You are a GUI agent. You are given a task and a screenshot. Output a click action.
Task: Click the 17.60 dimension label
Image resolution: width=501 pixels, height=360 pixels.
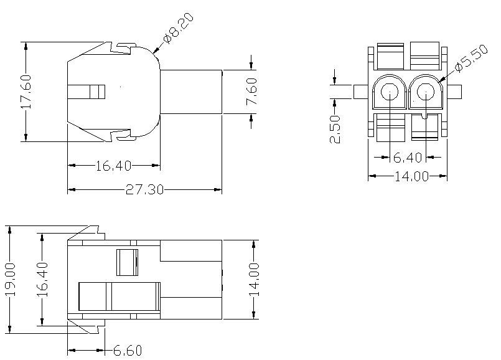click(x=26, y=92)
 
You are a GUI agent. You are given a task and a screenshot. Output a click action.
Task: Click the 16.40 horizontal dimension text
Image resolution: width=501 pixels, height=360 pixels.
click(x=113, y=166)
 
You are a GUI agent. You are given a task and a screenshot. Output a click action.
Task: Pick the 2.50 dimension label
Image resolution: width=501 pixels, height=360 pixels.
click(x=335, y=129)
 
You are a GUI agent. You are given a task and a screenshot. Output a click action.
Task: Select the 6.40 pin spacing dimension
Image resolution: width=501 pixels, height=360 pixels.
click(x=408, y=158)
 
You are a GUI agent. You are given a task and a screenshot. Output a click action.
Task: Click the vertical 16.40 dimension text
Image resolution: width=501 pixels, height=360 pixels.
click(x=41, y=280)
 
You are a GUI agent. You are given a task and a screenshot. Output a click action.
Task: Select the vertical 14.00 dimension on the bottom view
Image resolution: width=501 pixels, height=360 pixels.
click(x=255, y=280)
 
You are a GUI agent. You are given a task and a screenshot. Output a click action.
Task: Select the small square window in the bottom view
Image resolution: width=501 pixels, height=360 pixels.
click(x=127, y=262)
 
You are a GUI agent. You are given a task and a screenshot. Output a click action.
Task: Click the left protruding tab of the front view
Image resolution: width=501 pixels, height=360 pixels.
click(x=361, y=92)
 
